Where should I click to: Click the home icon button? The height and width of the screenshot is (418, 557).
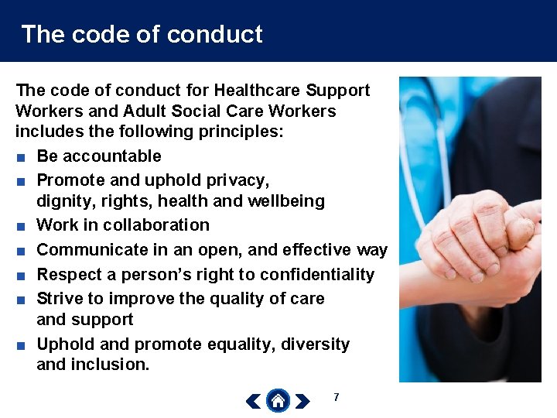point(278,400)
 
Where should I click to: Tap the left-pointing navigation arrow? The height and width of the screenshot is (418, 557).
point(253,401)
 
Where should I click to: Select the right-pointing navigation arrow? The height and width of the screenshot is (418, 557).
point(302,401)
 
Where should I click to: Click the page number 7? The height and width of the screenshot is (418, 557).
point(336,397)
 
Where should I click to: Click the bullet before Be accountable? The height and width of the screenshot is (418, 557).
point(20,157)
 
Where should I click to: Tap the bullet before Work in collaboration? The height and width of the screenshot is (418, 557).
point(20,226)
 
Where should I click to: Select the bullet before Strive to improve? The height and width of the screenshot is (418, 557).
point(20,300)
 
